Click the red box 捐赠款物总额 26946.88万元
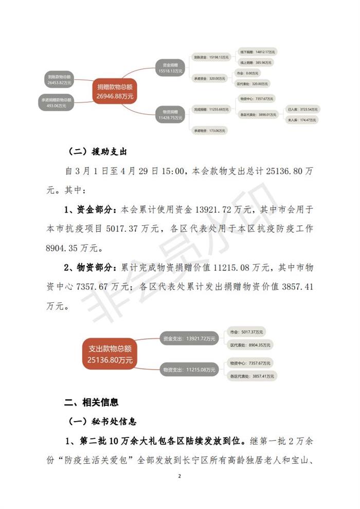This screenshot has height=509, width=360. [x=114, y=91]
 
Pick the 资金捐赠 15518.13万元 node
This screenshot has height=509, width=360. [x=171, y=68]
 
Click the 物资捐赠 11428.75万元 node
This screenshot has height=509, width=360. [x=171, y=114]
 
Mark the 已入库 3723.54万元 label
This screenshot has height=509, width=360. [x=303, y=109]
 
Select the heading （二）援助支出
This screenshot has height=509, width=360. [x=98, y=153]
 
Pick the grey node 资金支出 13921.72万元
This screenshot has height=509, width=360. [x=189, y=339]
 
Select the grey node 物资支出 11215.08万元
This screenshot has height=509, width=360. [x=188, y=369]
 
